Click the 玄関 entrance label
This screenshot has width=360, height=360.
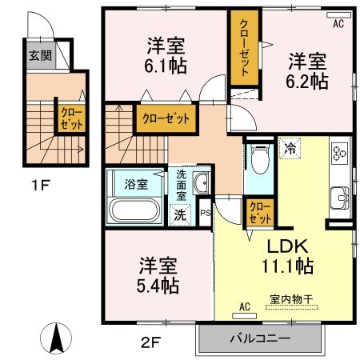39,58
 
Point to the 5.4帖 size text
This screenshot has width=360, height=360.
156,284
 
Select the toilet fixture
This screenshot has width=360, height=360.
258,162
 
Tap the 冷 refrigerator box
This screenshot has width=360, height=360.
289,147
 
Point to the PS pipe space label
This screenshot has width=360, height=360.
205,214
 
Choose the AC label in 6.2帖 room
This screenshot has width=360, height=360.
338,25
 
